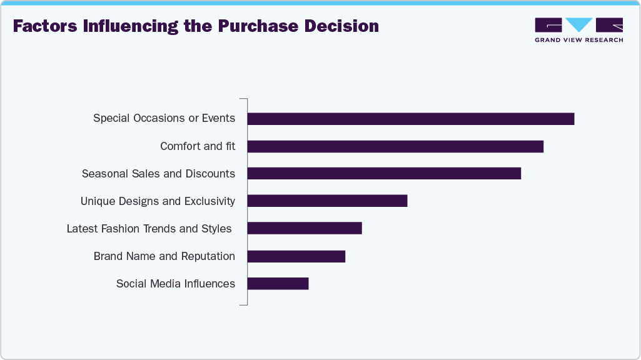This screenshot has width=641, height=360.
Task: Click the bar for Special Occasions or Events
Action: click(x=410, y=119)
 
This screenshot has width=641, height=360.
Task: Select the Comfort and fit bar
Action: click(x=395, y=146)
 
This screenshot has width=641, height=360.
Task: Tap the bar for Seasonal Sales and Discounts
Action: click(x=384, y=173)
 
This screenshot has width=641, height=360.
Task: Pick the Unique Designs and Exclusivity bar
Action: click(x=327, y=201)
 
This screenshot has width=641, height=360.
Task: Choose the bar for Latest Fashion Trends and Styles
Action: click(x=305, y=228)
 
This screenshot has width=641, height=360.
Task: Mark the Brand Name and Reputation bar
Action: click(x=296, y=256)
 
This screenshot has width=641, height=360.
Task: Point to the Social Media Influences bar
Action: click(x=278, y=283)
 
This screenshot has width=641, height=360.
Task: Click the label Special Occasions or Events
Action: click(x=164, y=118)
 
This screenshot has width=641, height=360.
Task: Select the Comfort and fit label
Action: click(x=198, y=146)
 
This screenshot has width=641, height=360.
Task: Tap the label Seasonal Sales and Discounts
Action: click(x=158, y=173)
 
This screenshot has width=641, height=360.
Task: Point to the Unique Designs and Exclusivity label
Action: click(x=158, y=201)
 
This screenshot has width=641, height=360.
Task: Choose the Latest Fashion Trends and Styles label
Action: click(x=149, y=228)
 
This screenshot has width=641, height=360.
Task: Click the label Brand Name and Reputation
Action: click(x=164, y=256)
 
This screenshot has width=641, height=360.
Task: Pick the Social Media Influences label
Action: click(x=176, y=283)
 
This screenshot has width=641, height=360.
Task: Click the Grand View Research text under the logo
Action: click(x=578, y=40)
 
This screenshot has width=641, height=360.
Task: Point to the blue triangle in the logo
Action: click(x=580, y=24)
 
